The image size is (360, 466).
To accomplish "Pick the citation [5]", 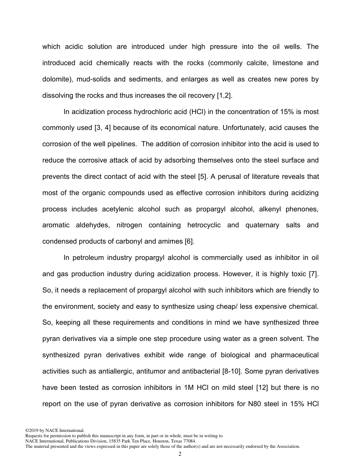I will point(202,177).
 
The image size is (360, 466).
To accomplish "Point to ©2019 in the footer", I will point(31,430).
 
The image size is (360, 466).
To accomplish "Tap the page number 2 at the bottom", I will point(180,454).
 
